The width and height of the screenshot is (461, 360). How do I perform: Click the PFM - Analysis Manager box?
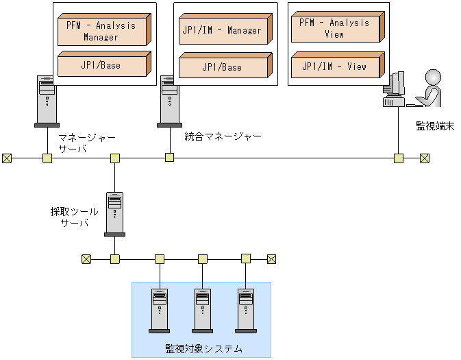[x=101, y=30]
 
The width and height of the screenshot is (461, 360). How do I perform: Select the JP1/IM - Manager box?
[x=221, y=30]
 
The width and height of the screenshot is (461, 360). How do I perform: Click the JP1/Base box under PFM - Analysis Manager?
[x=102, y=64]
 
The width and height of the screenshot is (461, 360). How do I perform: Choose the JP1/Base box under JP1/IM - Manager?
[x=221, y=67]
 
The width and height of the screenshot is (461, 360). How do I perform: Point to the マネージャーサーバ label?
[x=86, y=143]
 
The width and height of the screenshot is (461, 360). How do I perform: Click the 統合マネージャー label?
[x=223, y=136]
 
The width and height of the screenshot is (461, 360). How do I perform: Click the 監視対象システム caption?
[x=203, y=348]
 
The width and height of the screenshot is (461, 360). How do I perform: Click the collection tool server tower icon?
[x=114, y=214]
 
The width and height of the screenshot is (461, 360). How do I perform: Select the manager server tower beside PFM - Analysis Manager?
[x=46, y=101]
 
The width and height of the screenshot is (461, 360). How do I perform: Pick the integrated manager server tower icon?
[x=169, y=101]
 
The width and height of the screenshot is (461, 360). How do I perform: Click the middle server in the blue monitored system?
[x=202, y=310]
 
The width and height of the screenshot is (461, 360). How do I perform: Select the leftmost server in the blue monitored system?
[x=160, y=310]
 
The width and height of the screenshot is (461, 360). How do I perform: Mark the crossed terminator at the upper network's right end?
[x=425, y=158]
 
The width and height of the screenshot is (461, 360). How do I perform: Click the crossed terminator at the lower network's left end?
[x=86, y=259]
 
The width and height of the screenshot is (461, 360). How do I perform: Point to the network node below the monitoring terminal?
[x=398, y=158]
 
